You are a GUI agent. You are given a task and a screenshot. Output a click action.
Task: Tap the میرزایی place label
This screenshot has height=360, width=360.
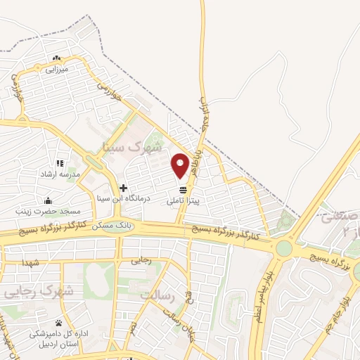[56, 70]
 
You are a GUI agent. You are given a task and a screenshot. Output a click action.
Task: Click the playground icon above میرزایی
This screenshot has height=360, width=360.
[56, 58]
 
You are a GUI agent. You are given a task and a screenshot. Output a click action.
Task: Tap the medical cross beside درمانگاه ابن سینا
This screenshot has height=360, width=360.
[123, 188]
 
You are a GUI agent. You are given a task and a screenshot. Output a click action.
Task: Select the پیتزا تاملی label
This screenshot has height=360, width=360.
[184, 200]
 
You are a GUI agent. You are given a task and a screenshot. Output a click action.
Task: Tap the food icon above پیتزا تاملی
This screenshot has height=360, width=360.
[184, 190]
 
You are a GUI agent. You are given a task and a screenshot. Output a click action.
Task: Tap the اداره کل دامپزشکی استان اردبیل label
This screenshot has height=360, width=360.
[58, 339]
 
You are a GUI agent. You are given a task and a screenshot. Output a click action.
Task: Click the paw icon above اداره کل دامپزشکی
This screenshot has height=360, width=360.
[58, 323]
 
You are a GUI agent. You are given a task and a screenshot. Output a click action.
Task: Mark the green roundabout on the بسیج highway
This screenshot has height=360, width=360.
[283, 248]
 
